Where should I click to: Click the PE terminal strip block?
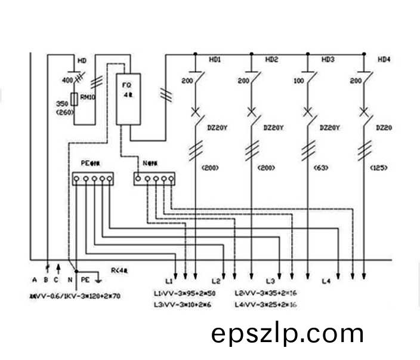click(92, 179)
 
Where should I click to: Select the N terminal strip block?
click(155, 178)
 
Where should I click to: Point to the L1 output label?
click(169, 281)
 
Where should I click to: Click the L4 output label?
click(326, 281)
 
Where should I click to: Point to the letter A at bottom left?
click(35, 280)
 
